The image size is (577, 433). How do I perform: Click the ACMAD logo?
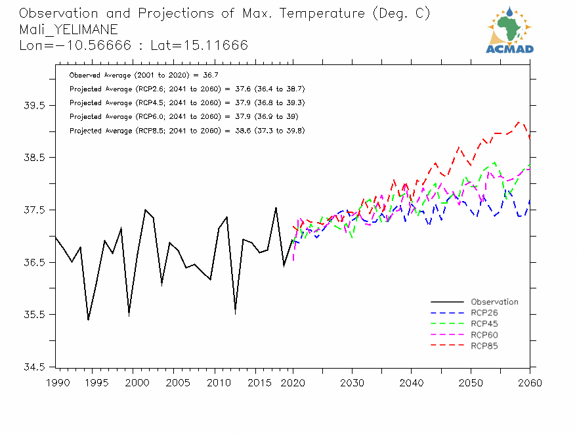click(509, 30)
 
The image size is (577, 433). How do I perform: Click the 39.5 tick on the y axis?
click(33, 106)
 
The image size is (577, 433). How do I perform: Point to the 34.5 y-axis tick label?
click(33, 367)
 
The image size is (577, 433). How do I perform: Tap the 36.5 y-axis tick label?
click(33, 262)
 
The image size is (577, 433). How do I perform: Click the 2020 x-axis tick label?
click(292, 382)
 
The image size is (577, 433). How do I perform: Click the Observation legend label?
click(494, 302)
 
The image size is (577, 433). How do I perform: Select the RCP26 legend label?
click(485, 313)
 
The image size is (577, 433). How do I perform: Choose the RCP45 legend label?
click(485, 324)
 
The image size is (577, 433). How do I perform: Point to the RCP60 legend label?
click(485, 335)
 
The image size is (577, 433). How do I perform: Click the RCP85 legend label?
click(485, 346)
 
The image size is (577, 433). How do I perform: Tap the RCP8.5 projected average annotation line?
click(187, 131)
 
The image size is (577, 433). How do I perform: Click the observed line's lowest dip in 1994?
click(88, 320)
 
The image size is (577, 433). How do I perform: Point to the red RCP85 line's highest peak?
click(519, 122)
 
